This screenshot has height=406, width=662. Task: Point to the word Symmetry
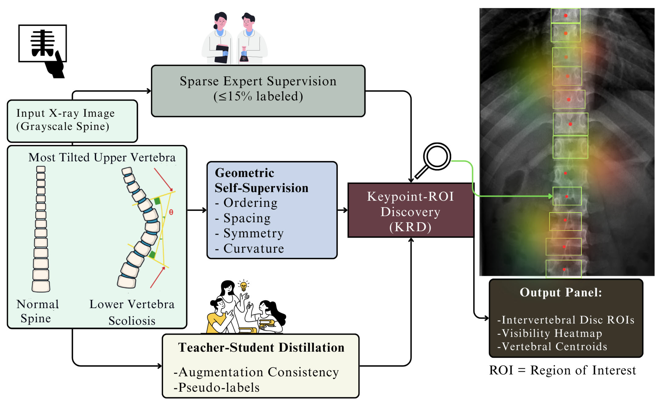253,233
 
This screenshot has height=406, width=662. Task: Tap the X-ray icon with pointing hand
43,50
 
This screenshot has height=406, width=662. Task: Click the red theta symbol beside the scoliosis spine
171,212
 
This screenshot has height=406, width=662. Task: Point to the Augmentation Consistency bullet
258,372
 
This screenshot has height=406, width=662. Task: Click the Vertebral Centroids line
554,347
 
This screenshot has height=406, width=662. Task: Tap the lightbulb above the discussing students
243,286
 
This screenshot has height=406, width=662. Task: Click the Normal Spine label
37,311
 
